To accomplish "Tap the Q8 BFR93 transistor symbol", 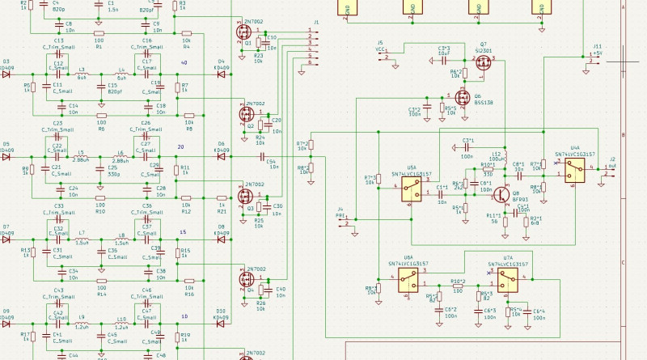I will coord(493,194).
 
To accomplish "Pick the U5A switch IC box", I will coord(412,190).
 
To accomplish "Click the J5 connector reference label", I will coord(379,41).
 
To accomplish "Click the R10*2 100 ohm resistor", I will coord(458,289).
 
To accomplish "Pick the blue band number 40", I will coord(184,62).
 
